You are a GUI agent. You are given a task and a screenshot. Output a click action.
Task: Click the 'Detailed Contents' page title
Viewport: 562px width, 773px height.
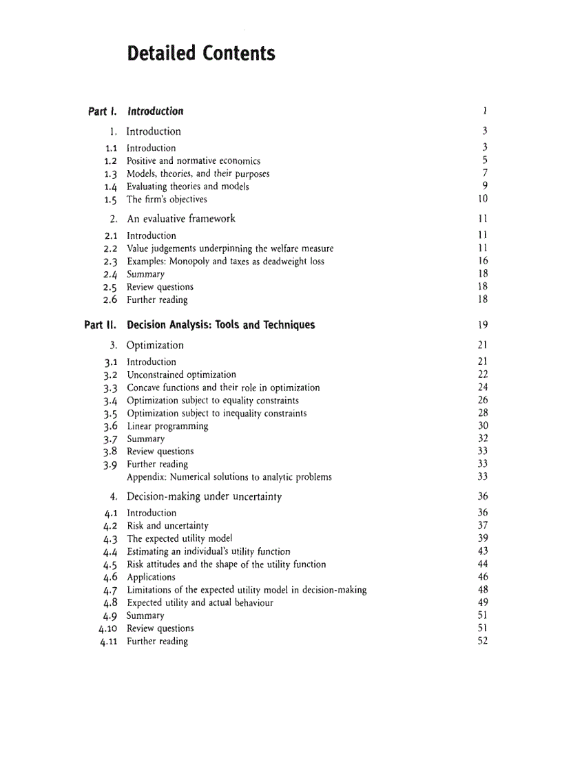click(201, 54)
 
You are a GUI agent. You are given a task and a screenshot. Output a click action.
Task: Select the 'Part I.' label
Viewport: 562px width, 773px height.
click(102, 112)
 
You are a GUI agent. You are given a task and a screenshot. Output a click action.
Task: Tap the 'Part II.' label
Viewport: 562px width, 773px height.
click(100, 325)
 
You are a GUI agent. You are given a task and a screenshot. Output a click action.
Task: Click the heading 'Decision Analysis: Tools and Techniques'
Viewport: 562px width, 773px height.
click(220, 325)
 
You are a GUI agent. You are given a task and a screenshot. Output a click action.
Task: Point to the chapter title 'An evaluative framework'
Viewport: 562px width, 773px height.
click(181, 219)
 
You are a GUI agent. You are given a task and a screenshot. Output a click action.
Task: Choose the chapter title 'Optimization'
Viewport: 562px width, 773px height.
click(155, 346)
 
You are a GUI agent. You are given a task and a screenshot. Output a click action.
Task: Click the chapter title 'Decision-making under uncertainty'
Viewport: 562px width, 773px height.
click(204, 496)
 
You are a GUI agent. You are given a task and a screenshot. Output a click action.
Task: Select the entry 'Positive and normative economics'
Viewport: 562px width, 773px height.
click(194, 161)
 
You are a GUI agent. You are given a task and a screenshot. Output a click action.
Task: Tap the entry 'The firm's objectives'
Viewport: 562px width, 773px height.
click(167, 200)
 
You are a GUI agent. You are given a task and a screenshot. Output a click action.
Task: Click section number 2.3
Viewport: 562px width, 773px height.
click(110, 262)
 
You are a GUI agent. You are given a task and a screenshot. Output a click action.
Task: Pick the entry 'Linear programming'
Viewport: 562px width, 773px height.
click(167, 426)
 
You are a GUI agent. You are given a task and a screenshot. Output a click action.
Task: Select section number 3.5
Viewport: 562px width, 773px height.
click(110, 414)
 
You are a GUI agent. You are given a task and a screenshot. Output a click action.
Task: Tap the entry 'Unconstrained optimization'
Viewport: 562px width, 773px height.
click(181, 375)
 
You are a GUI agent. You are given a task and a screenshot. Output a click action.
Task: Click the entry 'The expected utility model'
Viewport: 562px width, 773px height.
click(179, 538)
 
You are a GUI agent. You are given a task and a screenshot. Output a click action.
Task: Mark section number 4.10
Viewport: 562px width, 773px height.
click(107, 628)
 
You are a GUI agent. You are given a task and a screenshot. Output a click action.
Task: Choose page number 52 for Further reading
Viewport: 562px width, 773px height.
click(482, 642)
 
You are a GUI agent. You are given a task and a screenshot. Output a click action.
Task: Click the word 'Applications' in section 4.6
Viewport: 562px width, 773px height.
click(151, 578)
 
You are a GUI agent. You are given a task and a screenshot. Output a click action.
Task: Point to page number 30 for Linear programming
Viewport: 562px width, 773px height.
click(482, 426)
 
